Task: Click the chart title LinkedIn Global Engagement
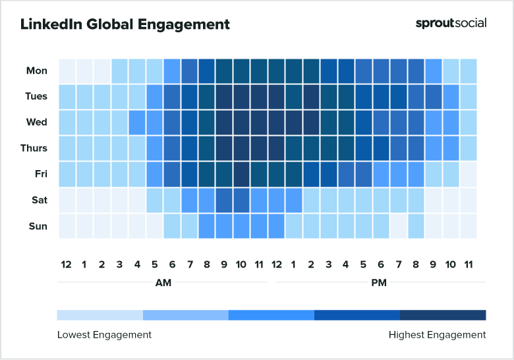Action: (x=125, y=24)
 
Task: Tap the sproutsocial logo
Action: (x=451, y=23)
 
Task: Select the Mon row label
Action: (x=37, y=71)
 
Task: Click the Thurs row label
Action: (x=34, y=148)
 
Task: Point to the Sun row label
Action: (x=38, y=226)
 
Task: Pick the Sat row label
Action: (x=38, y=200)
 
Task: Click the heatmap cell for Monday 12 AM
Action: (x=67, y=71)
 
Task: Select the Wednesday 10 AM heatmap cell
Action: (x=241, y=123)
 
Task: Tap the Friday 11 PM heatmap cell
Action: (x=468, y=175)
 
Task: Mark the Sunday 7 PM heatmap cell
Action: (x=398, y=226)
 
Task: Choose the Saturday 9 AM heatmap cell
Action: (x=224, y=200)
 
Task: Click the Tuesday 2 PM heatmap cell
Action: (x=311, y=96)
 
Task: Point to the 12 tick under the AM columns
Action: (x=66, y=264)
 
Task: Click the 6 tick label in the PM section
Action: (x=381, y=264)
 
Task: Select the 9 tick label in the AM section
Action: (x=224, y=264)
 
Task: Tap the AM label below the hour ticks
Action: (x=163, y=282)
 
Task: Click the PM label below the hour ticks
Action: (x=379, y=282)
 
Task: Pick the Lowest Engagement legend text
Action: (x=104, y=335)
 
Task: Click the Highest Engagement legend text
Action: (x=437, y=335)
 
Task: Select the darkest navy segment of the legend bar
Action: (x=443, y=315)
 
